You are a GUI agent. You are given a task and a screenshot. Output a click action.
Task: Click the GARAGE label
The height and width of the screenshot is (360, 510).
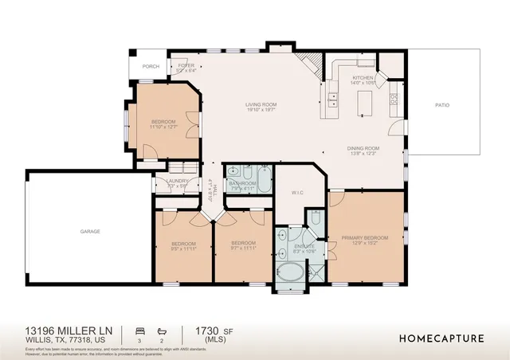pyautogui.click(x=89, y=231)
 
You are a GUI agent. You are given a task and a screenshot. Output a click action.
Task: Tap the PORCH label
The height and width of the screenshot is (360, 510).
pyautogui.click(x=151, y=66)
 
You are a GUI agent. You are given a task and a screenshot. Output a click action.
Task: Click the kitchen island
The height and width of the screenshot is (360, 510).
pyautogui.click(x=364, y=103)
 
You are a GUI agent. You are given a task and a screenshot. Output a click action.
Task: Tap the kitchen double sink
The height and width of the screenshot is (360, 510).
pyautogui.click(x=332, y=99)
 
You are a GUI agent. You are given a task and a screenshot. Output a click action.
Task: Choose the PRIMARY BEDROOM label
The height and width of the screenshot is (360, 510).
pyautogui.click(x=365, y=238)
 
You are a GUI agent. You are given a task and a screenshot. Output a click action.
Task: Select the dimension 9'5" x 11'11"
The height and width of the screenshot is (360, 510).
pyautogui.click(x=184, y=248)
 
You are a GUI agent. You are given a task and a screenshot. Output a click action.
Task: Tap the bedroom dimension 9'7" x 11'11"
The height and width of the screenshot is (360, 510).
pyautogui.click(x=242, y=248)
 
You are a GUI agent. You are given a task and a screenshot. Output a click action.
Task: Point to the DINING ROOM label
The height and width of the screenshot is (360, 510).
pyautogui.click(x=363, y=148)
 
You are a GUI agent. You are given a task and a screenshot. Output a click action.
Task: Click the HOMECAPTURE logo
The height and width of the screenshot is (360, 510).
pyautogui.click(x=441, y=338)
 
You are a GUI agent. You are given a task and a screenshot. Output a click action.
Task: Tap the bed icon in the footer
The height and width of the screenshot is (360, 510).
pyautogui.click(x=140, y=329)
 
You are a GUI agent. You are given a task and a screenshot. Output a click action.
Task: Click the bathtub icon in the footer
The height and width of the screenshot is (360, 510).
pyautogui.click(x=162, y=329)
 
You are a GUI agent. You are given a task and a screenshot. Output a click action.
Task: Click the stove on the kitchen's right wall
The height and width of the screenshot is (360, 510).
pyautogui.click(x=393, y=100)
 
